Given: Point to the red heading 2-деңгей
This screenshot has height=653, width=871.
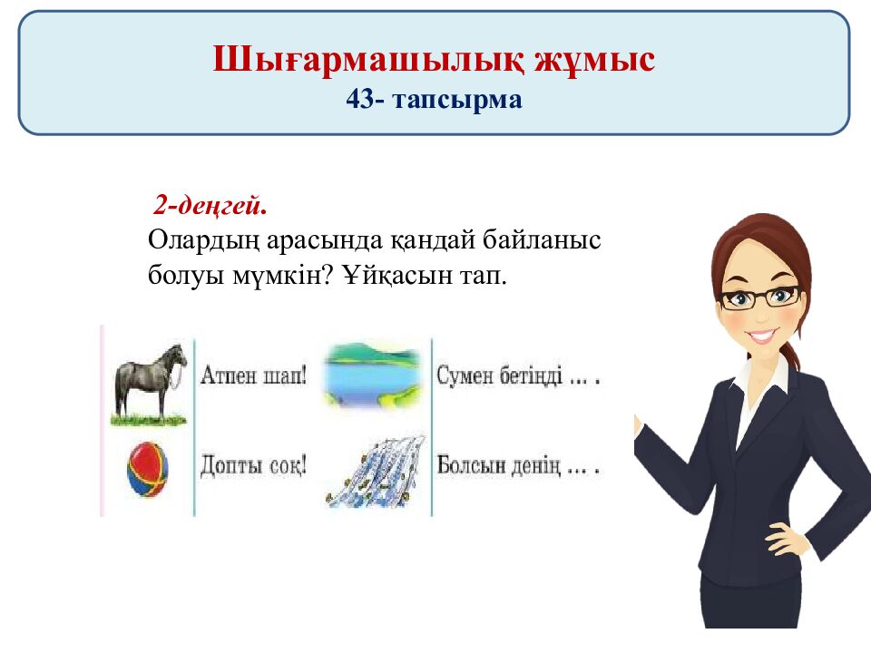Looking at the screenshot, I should pyautogui.click(x=210, y=207).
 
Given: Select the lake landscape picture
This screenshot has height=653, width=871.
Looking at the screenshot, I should pyautogui.click(x=373, y=373).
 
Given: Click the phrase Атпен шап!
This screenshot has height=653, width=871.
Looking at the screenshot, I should pyautogui.click(x=253, y=375).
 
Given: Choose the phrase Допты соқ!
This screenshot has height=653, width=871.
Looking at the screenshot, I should pyautogui.click(x=253, y=466).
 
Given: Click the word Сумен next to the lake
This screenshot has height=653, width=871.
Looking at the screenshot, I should pyautogui.click(x=468, y=375).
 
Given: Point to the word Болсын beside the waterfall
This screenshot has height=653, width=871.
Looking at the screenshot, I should pyautogui.click(x=471, y=466).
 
